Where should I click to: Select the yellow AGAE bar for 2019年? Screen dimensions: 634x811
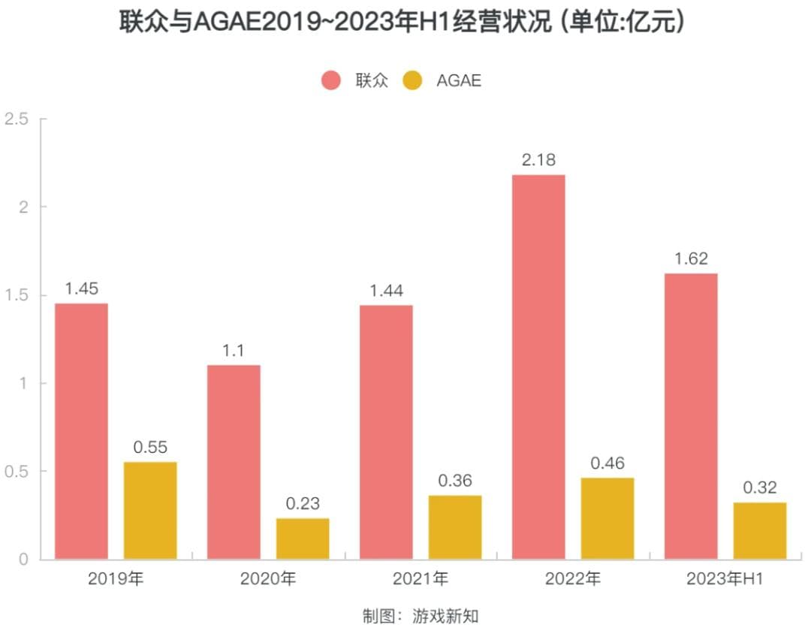click(150, 510)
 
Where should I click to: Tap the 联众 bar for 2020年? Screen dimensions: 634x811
click(234, 462)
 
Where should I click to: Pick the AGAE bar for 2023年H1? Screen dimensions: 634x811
click(760, 530)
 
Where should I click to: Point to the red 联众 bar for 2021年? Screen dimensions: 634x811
click(386, 432)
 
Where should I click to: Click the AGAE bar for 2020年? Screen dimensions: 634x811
click(303, 539)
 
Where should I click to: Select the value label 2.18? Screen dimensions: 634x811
click(538, 159)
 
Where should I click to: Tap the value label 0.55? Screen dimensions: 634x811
click(150, 447)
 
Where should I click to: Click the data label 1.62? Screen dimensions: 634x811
click(691, 258)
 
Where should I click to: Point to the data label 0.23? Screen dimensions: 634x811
click(303, 503)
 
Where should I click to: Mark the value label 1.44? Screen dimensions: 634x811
click(386, 290)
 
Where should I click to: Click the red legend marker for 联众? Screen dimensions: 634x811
click(331, 80)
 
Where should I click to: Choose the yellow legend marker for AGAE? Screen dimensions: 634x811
click(413, 80)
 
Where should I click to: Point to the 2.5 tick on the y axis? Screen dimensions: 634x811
click(16, 119)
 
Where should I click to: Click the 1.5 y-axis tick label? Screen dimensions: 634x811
click(16, 295)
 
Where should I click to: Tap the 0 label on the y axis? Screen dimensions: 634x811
click(23, 559)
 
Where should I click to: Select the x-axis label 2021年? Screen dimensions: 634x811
click(420, 579)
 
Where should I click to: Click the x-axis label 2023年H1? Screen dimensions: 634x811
click(725, 579)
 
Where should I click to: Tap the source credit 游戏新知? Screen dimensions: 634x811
click(445, 617)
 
